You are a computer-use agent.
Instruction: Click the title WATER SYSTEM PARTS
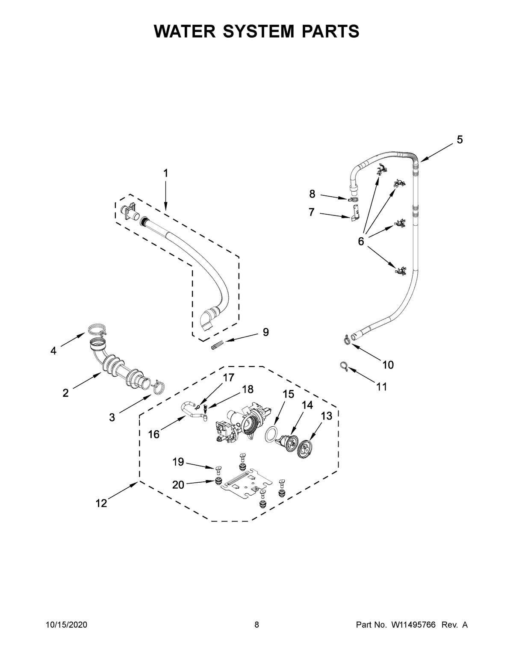coord(256,31)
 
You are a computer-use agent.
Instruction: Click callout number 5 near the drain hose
coord(459,139)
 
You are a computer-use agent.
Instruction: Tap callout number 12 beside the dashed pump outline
coord(101,503)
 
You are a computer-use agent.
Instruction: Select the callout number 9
coord(265,332)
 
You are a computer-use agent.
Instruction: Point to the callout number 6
coord(361,242)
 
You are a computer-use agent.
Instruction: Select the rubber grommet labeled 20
coord(218,482)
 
